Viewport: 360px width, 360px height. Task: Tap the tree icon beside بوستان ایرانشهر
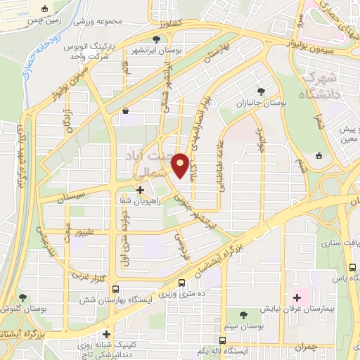156,39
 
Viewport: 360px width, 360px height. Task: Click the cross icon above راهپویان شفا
140,190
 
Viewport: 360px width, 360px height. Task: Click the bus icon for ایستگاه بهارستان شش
116,290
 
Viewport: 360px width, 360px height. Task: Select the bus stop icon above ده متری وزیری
182,283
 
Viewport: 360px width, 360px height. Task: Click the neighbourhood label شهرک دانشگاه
321,83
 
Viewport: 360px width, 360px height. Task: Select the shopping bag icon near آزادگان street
125,110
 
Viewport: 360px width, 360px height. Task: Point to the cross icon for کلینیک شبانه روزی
107,335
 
